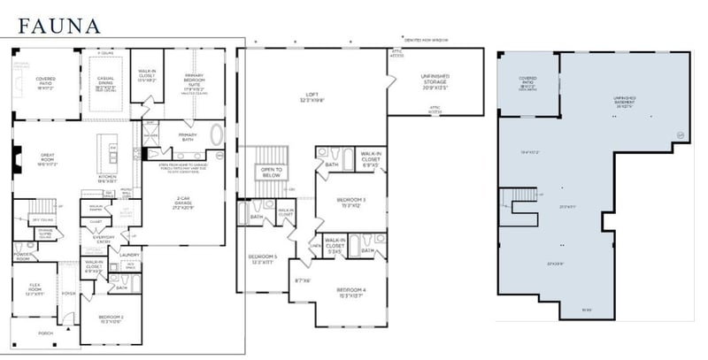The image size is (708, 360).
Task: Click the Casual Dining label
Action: coord(106,86)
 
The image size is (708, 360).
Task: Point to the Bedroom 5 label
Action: coord(261,259)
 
